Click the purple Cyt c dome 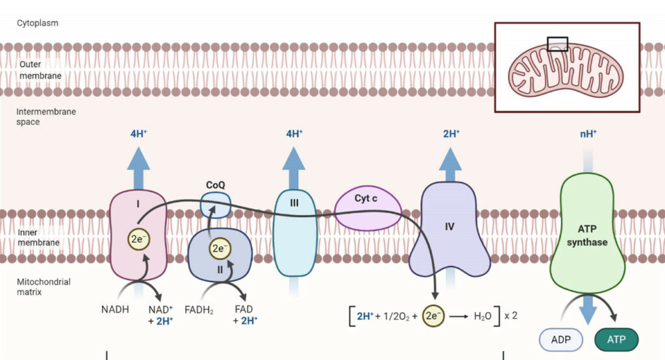click(368, 210)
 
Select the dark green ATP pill click(617, 339)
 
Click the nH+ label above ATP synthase click(588, 135)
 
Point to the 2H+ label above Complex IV click(451, 135)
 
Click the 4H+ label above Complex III click(294, 135)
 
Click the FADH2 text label click(199, 310)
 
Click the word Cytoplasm click(38, 23)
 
